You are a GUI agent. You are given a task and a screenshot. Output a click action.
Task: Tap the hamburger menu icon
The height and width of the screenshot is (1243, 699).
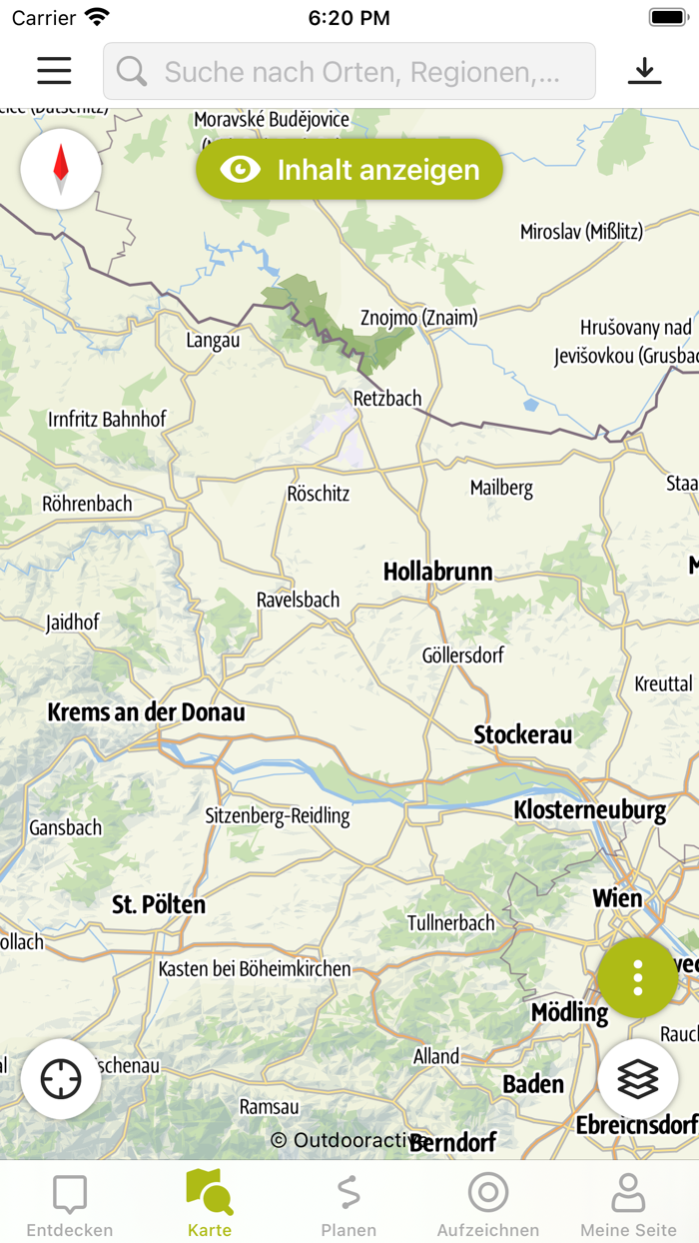pos(54,71)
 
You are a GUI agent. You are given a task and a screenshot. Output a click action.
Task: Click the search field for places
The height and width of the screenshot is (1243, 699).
pos(349,71)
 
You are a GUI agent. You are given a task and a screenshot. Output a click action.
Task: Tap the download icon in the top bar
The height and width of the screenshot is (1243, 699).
pos(644,71)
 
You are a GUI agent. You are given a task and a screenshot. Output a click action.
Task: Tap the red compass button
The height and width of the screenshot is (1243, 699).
pos(61,169)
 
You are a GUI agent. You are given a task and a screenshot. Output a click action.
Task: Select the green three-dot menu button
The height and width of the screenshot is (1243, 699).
pos(638,977)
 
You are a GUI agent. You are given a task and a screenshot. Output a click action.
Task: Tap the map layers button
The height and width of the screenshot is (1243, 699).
pos(638,1079)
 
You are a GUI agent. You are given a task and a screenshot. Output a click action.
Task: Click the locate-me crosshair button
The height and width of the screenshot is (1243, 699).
pos(61,1079)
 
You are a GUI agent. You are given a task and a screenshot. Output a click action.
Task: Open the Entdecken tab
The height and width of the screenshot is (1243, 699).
pos(70,1204)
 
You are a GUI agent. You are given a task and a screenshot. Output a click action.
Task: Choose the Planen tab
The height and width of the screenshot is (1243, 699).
pos(349,1204)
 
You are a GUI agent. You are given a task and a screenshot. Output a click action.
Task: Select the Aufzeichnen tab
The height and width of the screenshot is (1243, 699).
pos(488,1204)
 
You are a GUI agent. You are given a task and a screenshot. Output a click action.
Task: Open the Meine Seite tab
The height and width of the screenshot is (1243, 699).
pos(628,1204)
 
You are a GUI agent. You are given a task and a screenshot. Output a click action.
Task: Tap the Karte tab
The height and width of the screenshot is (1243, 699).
pos(210,1204)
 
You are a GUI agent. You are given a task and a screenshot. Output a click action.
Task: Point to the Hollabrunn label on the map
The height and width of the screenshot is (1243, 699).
pos(438,572)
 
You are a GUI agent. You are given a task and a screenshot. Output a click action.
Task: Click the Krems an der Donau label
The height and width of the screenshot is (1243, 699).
pos(147,712)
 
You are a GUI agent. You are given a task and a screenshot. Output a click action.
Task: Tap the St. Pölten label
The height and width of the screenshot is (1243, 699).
pos(159,905)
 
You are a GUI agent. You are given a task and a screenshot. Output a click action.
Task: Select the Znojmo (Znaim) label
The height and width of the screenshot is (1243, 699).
pos(418,318)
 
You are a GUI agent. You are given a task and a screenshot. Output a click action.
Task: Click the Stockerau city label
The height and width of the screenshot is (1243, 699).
pos(523,734)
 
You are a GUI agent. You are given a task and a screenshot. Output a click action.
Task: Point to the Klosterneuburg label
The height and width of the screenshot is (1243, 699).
pos(589,809)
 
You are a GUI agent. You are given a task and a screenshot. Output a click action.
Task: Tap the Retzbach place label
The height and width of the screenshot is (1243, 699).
pos(387,399)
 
